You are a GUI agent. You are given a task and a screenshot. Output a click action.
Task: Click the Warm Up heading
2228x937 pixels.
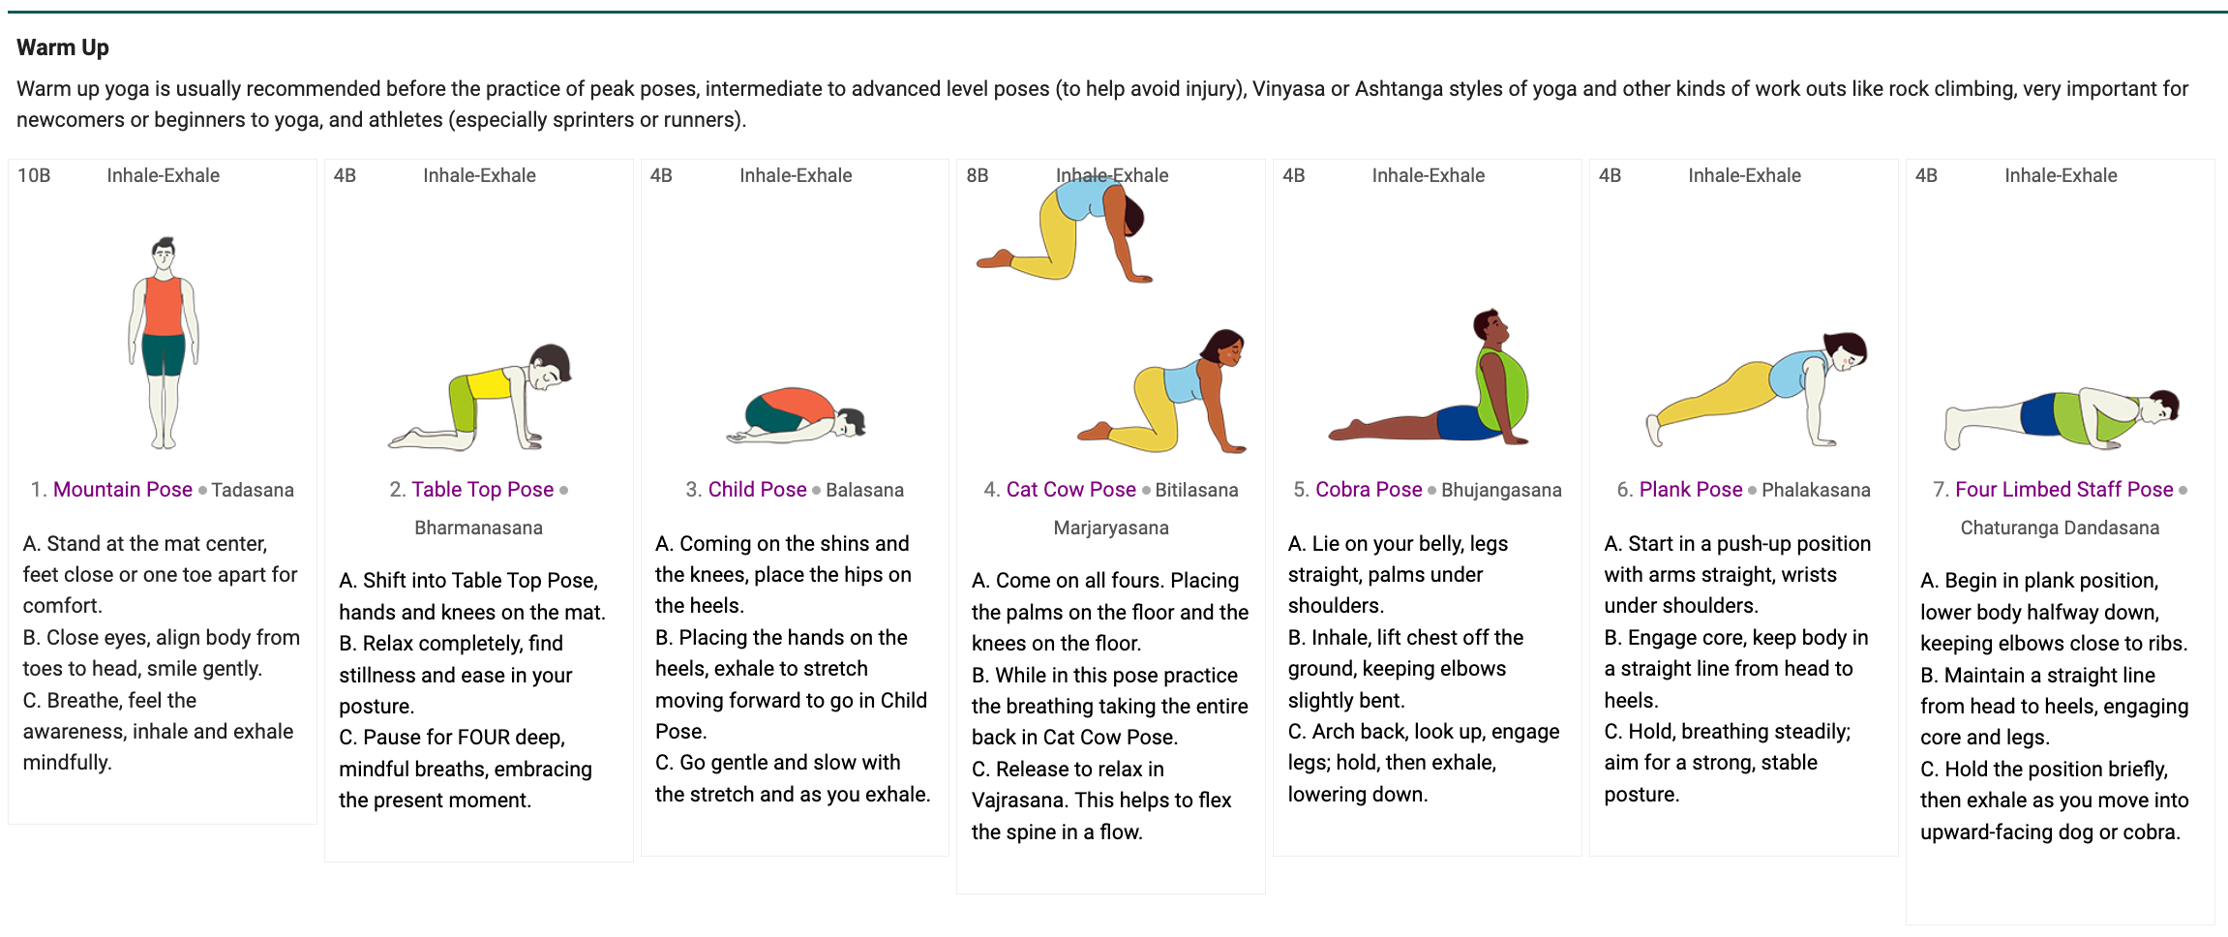[x=63, y=47]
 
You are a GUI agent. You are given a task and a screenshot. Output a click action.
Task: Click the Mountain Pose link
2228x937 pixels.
[x=123, y=490]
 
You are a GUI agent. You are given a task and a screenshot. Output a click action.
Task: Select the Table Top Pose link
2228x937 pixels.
[x=483, y=490]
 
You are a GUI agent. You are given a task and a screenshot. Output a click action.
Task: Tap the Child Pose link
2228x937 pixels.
[x=757, y=490]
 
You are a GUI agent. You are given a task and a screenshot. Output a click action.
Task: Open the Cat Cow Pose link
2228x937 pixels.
[x=1071, y=490]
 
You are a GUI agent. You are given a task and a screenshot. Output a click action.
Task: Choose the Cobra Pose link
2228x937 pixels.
[x=1369, y=490]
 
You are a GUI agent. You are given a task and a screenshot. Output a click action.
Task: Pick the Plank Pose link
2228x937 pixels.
[x=1691, y=490]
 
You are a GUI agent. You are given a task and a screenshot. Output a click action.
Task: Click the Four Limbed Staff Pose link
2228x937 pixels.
[x=2064, y=490]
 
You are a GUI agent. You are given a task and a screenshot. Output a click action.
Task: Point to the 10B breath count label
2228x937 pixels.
[x=34, y=175]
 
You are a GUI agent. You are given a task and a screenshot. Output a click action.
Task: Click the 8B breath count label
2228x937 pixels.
[x=978, y=175]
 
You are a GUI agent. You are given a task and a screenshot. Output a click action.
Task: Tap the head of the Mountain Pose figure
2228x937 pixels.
[x=164, y=255]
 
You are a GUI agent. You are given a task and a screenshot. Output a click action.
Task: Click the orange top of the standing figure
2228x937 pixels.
[x=164, y=306]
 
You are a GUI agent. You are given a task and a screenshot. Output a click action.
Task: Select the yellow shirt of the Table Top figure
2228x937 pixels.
[x=489, y=383]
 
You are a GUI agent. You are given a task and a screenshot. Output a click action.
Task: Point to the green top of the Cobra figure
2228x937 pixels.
[x=1501, y=391]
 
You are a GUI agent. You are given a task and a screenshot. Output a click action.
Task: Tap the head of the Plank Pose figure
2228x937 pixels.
[x=1846, y=350]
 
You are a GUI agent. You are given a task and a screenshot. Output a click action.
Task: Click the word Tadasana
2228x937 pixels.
[x=253, y=490]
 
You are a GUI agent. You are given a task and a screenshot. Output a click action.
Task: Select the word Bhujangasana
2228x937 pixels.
[x=1501, y=490]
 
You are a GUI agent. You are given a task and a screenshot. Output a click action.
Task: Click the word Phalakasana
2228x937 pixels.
[x=1816, y=490]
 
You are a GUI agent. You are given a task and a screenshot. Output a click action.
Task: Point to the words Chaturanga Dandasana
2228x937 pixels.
[x=2060, y=528]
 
